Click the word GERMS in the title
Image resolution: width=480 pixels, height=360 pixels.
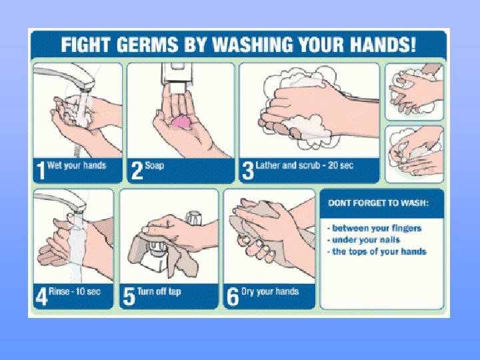coord(147,45)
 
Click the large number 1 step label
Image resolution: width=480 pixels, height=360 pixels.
coord(41,171)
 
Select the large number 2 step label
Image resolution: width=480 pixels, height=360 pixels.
coord(137,171)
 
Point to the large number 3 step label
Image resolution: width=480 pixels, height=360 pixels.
coord(248,171)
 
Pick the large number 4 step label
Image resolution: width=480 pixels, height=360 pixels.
coord(42,296)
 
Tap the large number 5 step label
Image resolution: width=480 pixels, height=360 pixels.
coord(129,296)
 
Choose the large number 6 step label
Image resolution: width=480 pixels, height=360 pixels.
coord(233,296)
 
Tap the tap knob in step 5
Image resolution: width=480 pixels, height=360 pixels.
coord(194,218)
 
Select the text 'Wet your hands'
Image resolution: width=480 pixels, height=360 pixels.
coord(77,165)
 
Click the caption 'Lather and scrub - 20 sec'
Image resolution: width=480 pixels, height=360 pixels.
coord(304,165)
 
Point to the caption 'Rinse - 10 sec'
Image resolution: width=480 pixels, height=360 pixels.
coord(75,291)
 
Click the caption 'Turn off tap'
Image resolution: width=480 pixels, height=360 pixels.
coord(159,291)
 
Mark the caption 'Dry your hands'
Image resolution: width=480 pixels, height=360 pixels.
coord(270,291)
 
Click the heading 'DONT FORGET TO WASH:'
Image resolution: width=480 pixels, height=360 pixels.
coord(378,203)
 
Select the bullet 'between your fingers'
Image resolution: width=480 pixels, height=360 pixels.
coord(375,228)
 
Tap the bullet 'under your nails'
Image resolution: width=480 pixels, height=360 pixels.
coord(364,240)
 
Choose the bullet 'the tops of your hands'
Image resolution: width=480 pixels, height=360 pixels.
coord(377,251)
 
